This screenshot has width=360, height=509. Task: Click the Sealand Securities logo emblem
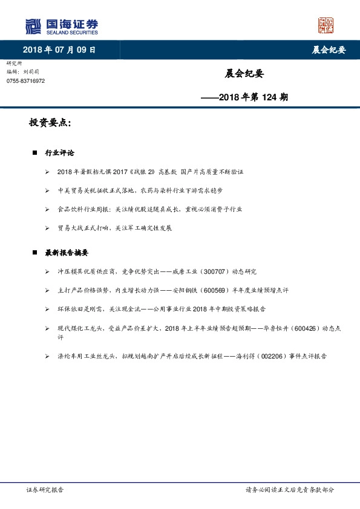33,26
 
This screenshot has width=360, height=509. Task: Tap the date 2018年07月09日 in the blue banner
59,50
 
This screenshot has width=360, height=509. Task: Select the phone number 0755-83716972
25,80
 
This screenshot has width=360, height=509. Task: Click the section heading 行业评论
60,154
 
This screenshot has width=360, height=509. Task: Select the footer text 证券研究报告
45,490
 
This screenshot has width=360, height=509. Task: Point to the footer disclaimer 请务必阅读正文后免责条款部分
289,490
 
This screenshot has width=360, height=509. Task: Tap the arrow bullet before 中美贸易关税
47,190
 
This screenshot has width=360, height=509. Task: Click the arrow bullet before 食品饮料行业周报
47,209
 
